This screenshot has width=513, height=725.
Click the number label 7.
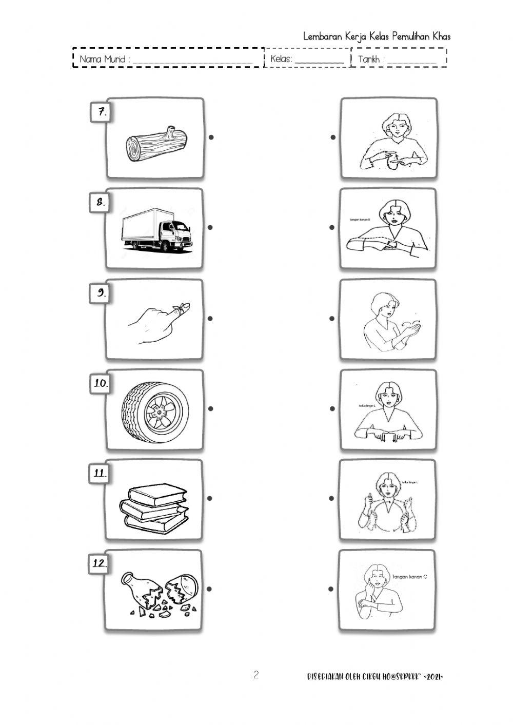(102, 112)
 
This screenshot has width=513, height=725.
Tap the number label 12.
(99, 563)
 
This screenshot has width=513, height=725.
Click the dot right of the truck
(210, 227)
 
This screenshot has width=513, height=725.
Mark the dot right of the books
(210, 498)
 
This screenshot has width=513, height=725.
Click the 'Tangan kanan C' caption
(409, 577)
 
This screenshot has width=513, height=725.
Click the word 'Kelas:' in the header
(281, 59)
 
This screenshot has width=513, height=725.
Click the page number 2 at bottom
(256, 675)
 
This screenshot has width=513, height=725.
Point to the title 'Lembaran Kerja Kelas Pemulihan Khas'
(377, 36)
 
